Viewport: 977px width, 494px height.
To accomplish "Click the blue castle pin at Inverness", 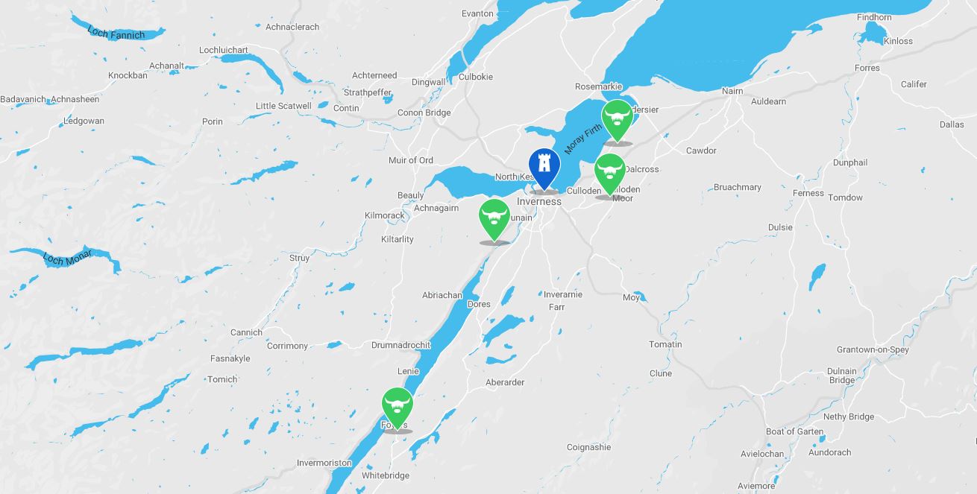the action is point(544,165).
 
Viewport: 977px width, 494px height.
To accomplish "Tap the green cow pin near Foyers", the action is point(397,405).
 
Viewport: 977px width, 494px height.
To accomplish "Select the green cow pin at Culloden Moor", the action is point(610,171).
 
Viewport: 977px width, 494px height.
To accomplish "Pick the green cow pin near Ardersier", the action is point(618,117).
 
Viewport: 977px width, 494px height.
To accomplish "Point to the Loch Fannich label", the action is point(116,32).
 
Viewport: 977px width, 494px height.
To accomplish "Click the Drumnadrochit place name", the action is point(401,345).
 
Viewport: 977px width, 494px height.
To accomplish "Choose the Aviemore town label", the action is point(756,486).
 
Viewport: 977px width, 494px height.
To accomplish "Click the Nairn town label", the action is point(732,91).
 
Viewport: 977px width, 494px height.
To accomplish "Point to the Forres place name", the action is point(867,68).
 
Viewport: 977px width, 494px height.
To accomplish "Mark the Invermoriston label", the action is point(324,463).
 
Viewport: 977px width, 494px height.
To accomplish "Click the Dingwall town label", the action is point(428,82).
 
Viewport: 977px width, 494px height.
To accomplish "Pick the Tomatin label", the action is point(665,344).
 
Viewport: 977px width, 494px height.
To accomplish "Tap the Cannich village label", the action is point(246,332).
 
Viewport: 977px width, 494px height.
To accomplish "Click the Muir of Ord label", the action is point(410,160).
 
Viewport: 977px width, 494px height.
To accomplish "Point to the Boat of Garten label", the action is point(795,431).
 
